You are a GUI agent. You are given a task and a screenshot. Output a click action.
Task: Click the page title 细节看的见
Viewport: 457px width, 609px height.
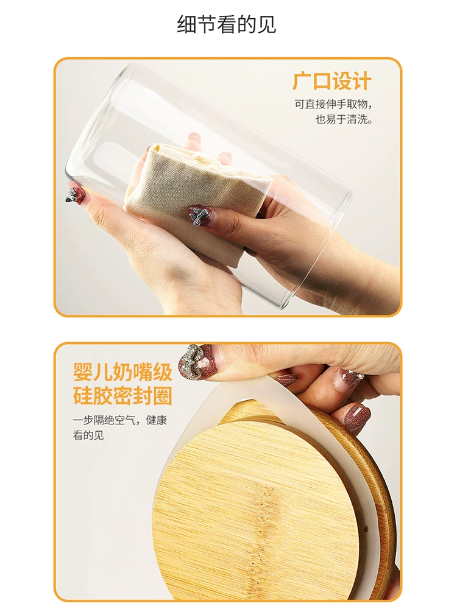tap(227, 24)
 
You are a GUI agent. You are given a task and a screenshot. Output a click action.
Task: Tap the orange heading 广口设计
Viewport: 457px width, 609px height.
tap(332, 81)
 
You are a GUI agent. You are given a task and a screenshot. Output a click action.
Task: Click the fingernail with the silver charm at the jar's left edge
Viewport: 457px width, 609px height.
tap(76, 193)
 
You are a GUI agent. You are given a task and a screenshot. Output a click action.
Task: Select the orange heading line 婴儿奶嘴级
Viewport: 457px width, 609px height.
tap(122, 371)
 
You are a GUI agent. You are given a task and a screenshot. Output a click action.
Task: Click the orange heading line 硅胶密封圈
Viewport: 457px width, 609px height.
tap(122, 395)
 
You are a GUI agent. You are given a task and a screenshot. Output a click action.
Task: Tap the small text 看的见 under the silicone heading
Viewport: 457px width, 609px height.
tap(88, 435)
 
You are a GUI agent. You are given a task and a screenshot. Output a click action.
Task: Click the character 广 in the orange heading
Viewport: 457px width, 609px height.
tap(302, 81)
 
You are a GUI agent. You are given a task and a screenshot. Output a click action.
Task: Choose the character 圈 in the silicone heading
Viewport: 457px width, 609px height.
tap(163, 395)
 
